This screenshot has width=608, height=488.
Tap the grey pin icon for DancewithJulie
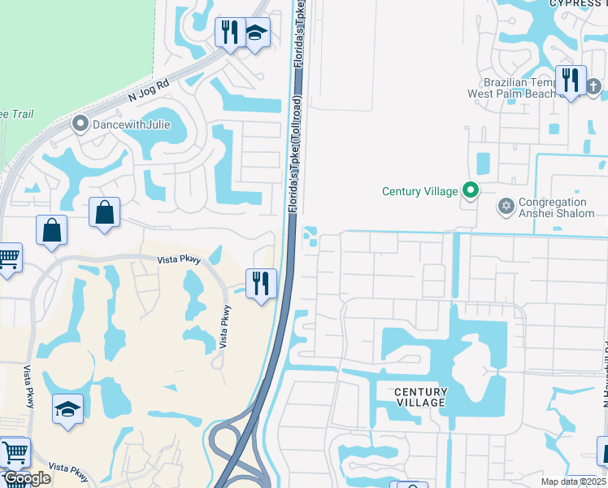(x=80, y=124)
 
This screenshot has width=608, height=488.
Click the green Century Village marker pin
(x=471, y=191)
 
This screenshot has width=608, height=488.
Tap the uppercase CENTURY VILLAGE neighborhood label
(x=420, y=397)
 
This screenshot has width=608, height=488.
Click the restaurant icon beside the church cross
(x=571, y=81)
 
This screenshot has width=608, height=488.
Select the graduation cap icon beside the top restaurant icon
(x=256, y=33)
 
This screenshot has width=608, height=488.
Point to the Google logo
(x=27, y=478)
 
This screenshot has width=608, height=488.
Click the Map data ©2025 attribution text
(x=574, y=481)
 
